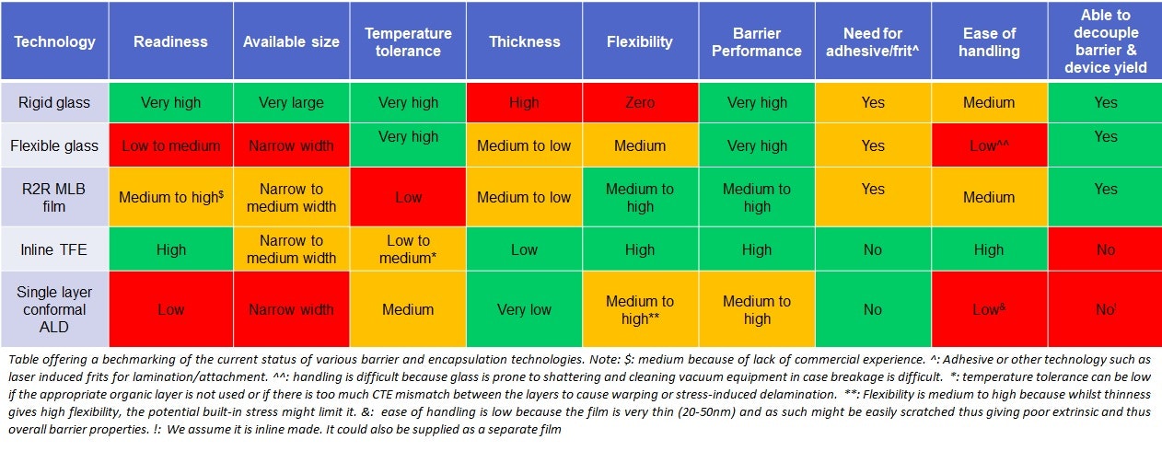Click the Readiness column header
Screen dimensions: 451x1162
170,41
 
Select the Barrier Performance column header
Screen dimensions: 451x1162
756,41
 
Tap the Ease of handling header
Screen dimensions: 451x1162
989,41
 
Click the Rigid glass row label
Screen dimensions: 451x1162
54,102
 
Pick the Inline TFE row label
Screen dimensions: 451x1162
54,249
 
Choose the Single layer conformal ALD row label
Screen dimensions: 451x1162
54,309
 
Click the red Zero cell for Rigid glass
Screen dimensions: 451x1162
640,102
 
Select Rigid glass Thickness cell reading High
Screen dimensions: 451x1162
523,102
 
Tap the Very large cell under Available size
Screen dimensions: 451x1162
291,102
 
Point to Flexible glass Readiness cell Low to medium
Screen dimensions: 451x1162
170,145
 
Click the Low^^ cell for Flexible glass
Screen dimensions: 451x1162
989,145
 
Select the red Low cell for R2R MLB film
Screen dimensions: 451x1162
408,197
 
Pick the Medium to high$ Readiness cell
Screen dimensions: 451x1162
170,197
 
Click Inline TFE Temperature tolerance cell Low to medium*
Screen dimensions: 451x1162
408,249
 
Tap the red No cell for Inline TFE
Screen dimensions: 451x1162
1105,249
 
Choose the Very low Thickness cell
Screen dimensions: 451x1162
523,310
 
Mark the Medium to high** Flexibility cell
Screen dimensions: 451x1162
640,310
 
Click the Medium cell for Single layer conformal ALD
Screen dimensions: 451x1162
408,310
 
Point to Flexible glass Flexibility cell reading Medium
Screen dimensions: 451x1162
640,145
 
